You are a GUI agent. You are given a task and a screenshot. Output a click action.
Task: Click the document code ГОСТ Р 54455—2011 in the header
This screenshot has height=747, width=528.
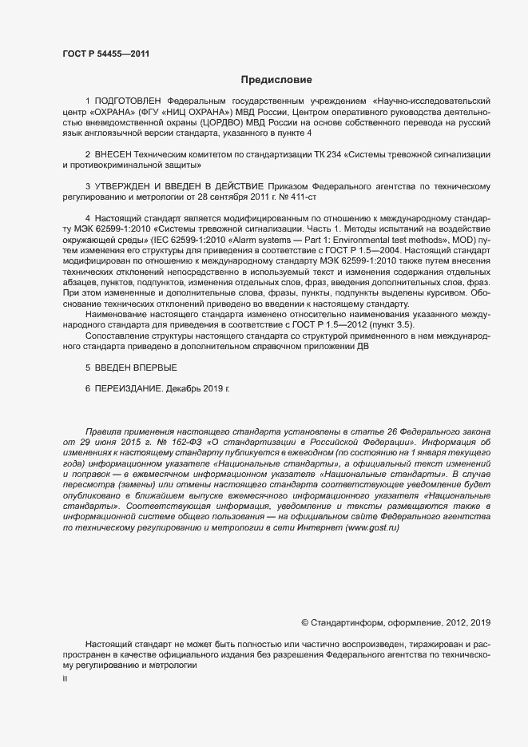tap(105, 54)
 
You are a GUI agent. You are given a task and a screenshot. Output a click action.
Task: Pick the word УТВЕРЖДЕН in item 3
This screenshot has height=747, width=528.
tap(129, 185)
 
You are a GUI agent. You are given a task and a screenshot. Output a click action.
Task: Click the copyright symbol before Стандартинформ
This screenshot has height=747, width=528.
tap(304, 622)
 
